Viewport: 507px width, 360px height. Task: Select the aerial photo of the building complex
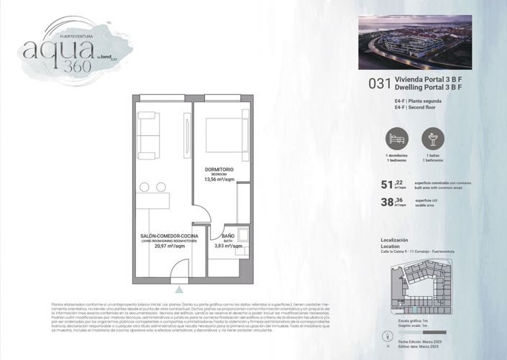pos(415,42)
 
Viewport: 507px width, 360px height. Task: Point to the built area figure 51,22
pos(392,184)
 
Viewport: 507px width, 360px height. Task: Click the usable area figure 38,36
pos(392,203)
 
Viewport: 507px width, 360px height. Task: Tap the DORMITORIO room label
pos(219,170)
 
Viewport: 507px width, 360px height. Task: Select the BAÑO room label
pos(228,236)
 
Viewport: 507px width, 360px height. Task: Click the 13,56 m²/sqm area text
pos(219,180)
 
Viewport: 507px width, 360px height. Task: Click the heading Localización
pos(394,239)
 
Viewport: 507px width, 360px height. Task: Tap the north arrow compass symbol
pos(380,337)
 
